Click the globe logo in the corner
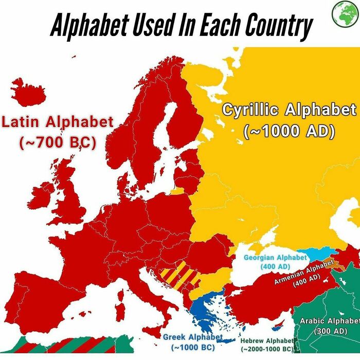coord(345,14)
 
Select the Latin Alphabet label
coord(57,122)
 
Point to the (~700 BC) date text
coord(57,141)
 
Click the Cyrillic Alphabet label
coord(289,110)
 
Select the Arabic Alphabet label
coord(330,321)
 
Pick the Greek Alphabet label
coord(193,337)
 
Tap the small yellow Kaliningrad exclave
coord(176,192)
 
